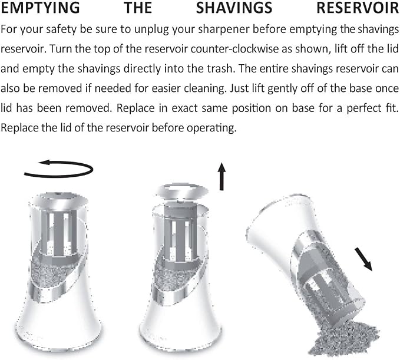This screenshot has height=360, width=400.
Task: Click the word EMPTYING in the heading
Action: pos(40,8)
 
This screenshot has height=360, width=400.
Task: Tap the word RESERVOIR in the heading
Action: pos(358,8)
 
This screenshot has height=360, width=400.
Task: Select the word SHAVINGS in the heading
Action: pos(234,8)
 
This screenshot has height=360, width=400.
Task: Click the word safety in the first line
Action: pos(61,29)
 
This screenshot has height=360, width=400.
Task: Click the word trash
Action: pos(220,68)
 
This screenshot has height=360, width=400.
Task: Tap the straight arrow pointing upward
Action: pos(222,177)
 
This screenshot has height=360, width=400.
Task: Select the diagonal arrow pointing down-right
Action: pos(363,259)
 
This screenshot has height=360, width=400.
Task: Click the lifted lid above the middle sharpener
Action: pos(182,191)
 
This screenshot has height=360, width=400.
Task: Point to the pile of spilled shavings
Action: pos(345,339)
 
